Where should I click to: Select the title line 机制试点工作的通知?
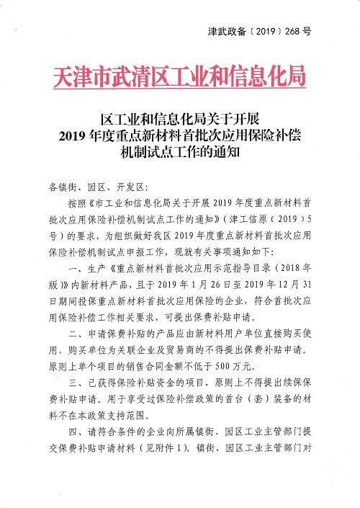[180, 153]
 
